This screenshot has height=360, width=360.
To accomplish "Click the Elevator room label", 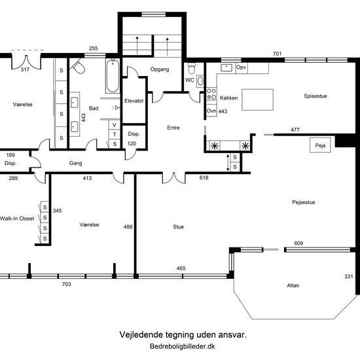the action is [134, 101].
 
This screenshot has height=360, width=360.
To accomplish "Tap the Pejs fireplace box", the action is [320, 145].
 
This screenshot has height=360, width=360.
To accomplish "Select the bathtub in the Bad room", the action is [113, 76].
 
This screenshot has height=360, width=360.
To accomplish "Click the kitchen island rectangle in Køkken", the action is [258, 99].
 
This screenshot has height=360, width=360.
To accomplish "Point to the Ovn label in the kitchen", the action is [211, 111].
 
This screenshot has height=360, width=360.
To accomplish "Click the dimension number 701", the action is [277, 54].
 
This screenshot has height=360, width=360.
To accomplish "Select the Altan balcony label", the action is [293, 285].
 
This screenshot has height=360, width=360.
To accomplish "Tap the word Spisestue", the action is [315, 96].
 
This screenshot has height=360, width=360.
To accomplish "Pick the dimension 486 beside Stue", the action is [128, 227].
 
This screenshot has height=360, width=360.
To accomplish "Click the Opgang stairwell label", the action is [160, 69].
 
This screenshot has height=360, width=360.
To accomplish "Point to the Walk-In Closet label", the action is [17, 219].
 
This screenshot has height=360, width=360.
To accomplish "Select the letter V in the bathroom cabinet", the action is [115, 125].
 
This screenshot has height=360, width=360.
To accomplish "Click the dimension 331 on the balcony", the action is [348, 276].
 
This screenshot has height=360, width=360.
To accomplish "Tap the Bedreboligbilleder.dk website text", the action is [183, 346].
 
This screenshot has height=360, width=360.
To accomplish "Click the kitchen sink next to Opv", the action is [226, 67].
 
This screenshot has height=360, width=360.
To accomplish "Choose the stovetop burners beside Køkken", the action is [211, 94].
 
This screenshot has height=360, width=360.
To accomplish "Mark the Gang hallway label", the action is [75, 163].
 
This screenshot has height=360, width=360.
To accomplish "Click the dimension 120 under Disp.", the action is [132, 144].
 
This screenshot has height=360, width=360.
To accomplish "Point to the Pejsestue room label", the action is [304, 202].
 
